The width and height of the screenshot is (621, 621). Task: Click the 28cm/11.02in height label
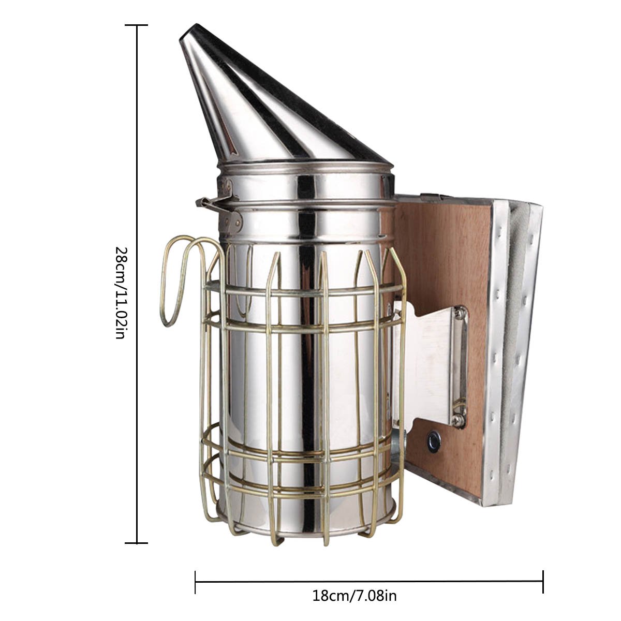[120, 293]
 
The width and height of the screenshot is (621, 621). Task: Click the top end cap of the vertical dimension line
[137, 25]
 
